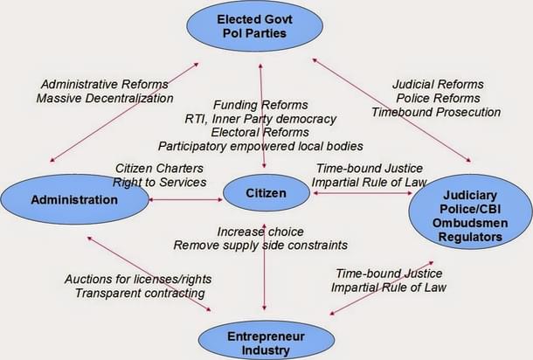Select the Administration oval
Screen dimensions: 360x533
(x=74, y=199)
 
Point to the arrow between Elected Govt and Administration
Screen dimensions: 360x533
(x=122, y=112)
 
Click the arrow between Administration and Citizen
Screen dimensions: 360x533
(x=185, y=200)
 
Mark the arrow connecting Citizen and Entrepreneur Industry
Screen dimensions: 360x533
(x=264, y=280)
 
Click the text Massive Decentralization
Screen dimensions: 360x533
(x=104, y=98)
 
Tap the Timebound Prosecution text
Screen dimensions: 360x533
(x=435, y=112)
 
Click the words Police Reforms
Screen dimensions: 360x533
(x=435, y=98)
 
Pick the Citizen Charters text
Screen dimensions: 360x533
(x=160, y=168)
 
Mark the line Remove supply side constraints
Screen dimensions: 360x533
(x=260, y=246)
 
